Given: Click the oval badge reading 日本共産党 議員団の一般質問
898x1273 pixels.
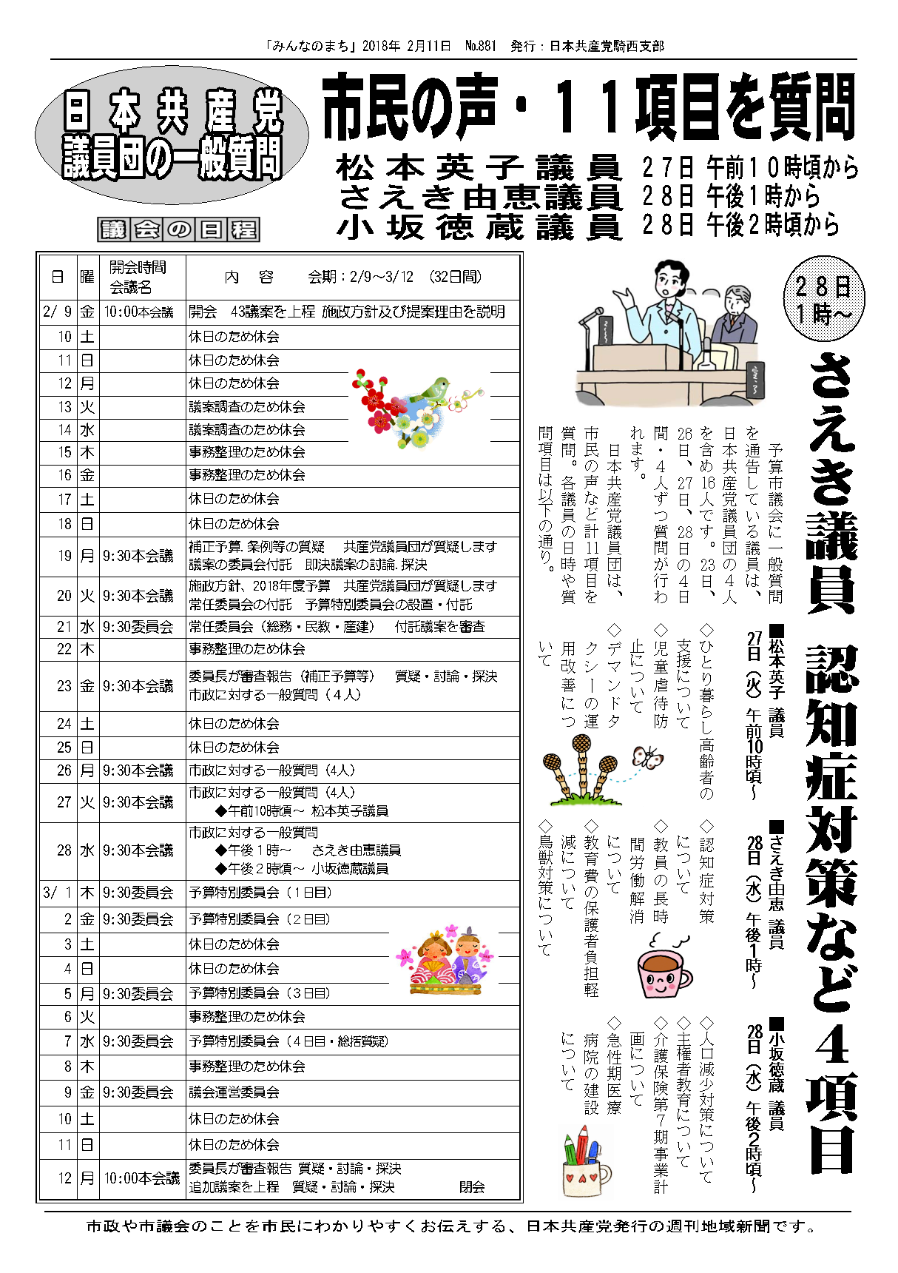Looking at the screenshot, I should tap(172, 135).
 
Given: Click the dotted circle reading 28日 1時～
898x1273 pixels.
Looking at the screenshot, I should tap(823, 298).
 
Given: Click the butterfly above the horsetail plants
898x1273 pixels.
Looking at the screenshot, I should tap(647, 757).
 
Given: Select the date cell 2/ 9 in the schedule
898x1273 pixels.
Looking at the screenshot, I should tap(58, 312).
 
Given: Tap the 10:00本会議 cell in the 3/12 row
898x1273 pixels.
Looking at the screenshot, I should tap(141, 1178).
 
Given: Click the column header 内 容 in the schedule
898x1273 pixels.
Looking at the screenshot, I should tap(249, 277).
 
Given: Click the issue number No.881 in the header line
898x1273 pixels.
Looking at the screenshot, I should tap(480, 46).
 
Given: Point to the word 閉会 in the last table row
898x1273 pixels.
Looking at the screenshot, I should tap(472, 1186).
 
